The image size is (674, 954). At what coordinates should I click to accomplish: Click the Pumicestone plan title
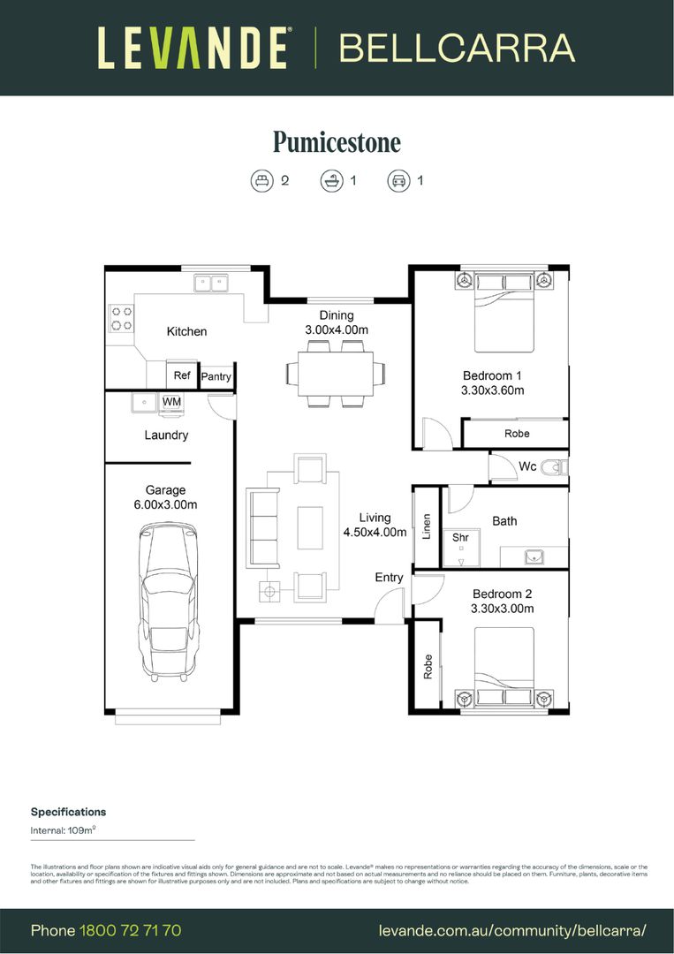click(x=337, y=142)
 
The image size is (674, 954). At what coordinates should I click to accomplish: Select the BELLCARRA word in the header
click(x=457, y=49)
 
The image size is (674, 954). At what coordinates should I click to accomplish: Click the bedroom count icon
click(x=261, y=181)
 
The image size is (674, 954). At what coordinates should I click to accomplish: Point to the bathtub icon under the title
click(x=331, y=181)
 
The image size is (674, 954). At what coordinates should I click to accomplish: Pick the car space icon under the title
click(x=398, y=181)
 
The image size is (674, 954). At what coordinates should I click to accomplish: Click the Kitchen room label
click(x=186, y=331)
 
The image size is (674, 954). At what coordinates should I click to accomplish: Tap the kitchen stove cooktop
click(x=121, y=319)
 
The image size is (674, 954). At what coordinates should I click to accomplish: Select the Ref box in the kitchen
click(x=182, y=375)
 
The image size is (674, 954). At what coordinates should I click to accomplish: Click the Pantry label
click(x=216, y=377)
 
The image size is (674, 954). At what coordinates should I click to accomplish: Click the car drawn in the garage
click(x=168, y=601)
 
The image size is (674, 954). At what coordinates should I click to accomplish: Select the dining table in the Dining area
click(x=335, y=373)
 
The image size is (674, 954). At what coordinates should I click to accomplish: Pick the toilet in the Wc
click(x=555, y=466)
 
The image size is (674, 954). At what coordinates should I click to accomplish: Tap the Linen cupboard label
click(x=426, y=527)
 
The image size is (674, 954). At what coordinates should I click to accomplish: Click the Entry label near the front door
click(x=389, y=578)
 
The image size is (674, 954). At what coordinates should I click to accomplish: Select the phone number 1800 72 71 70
click(x=130, y=930)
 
